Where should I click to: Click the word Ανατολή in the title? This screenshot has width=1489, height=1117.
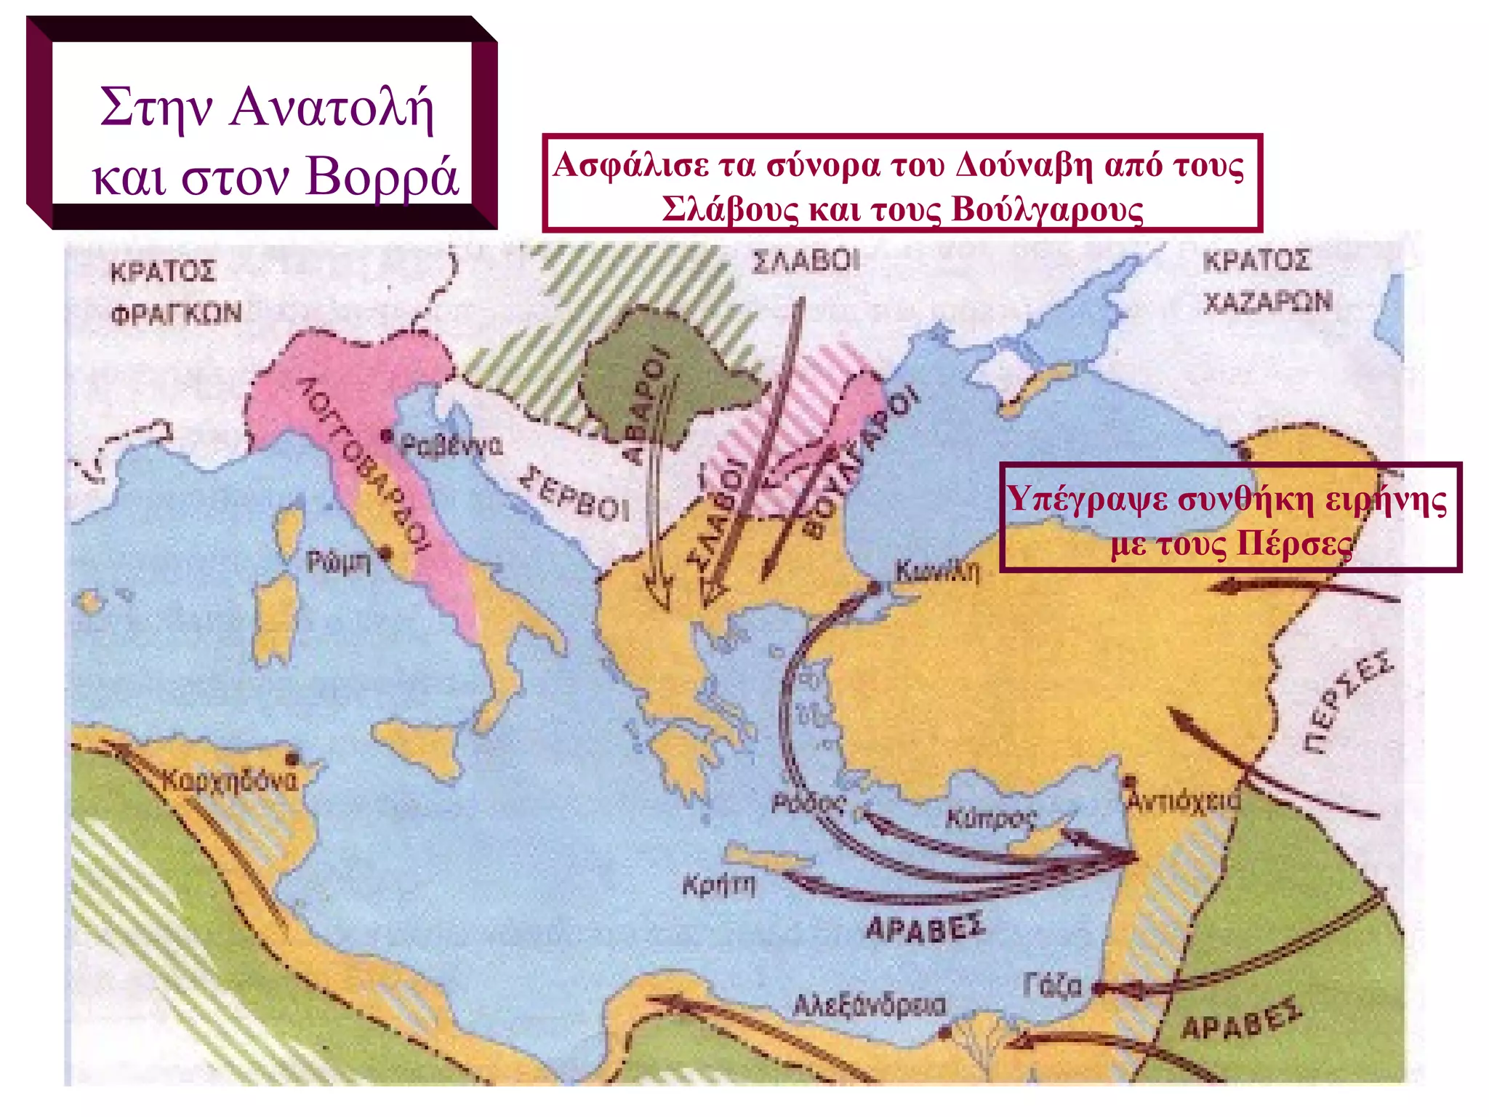pyautogui.click(x=332, y=108)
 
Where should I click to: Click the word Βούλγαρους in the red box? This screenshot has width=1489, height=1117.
pyautogui.click(x=1047, y=210)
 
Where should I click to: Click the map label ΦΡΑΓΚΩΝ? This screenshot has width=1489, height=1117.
pyautogui.click(x=176, y=313)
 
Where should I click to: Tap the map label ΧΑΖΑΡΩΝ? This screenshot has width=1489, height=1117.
pyautogui.click(x=1267, y=302)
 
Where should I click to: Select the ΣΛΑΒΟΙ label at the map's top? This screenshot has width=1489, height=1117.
pyautogui.click(x=806, y=261)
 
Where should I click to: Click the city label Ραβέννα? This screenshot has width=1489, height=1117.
pyautogui.click(x=450, y=444)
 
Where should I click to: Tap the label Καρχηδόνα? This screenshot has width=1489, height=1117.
pyautogui.click(x=230, y=781)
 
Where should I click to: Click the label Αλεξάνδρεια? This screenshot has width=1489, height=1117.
pyautogui.click(x=869, y=1006)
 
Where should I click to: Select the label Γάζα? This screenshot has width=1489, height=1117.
pyautogui.click(x=1052, y=986)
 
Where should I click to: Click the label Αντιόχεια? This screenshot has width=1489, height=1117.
pyautogui.click(x=1183, y=801)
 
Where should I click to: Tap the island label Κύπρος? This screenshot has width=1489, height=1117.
pyautogui.click(x=990, y=819)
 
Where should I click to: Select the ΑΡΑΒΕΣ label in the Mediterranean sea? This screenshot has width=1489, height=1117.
pyautogui.click(x=926, y=928)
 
